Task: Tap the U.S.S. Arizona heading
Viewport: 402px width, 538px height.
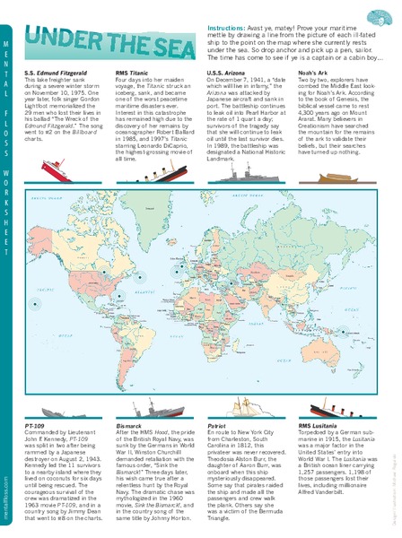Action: pyautogui.click(x=227, y=71)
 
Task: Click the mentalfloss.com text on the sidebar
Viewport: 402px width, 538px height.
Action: pyautogui.click(x=8, y=499)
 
